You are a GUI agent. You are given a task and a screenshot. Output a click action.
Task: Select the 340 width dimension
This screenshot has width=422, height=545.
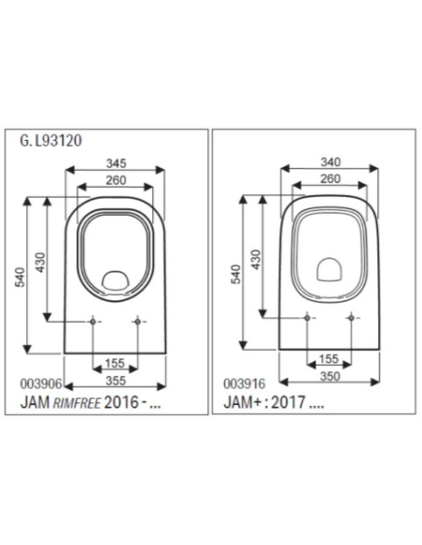pos(331,162)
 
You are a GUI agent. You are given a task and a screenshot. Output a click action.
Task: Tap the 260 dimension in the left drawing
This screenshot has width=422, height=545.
pos(116,179)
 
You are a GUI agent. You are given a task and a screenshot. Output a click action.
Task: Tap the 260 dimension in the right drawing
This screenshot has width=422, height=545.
pos(331,178)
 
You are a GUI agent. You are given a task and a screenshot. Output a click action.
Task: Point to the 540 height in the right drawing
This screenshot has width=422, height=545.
pos(237,274)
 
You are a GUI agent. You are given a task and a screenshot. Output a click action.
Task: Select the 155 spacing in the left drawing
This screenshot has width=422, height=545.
pos(116,362)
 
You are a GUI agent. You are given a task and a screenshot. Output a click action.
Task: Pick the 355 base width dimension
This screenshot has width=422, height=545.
pos(116,380)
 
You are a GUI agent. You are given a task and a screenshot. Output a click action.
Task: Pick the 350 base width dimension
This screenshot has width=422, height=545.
pos(330,378)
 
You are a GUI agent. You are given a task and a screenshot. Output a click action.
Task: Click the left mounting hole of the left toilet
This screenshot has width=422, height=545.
pos(93,322)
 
